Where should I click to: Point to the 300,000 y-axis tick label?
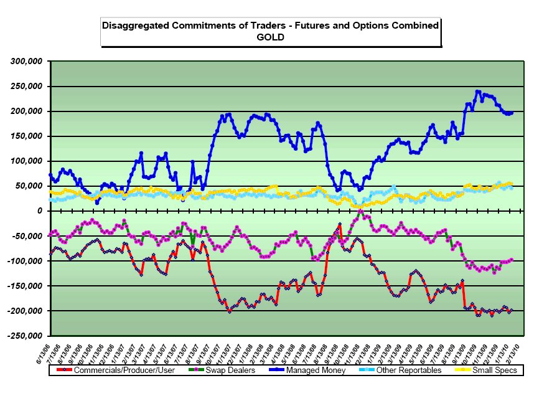coord(26,62)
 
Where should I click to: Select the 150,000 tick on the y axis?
coord(26,136)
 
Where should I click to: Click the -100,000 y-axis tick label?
coord(24,261)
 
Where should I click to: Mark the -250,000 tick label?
coord(24,336)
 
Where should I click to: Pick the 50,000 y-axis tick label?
coord(29,186)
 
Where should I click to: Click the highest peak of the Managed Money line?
coord(478,92)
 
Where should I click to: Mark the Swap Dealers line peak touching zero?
coord(360,211)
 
